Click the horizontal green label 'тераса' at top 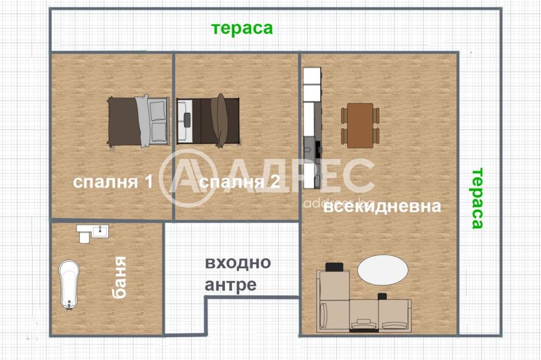click(242, 29)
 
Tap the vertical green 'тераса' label click(477, 198)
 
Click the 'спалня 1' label click(113, 182)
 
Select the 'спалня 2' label click(240, 182)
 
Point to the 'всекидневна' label click(382, 206)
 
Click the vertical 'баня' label click(120, 277)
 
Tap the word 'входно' click(238, 263)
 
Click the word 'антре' click(231, 285)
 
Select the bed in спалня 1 click(138, 121)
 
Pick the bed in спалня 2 click(208, 121)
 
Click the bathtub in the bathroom click(69, 285)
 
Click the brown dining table click(360, 125)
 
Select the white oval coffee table click(382, 270)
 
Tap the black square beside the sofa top click(334, 266)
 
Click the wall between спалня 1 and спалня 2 click(174, 136)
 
